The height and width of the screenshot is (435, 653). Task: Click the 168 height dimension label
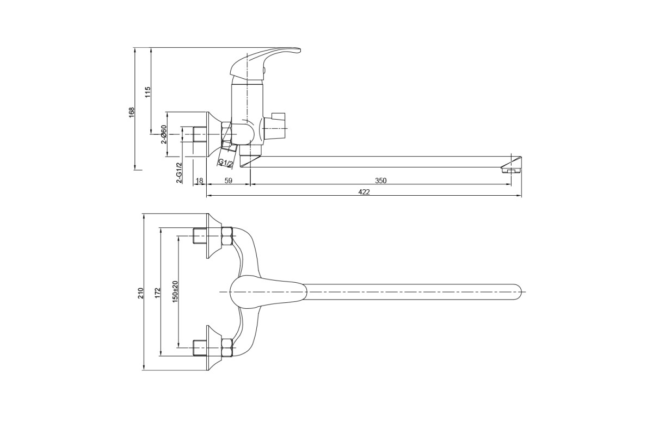[132, 113]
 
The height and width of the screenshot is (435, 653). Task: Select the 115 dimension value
[147, 92]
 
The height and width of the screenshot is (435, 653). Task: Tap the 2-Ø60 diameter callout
[164, 135]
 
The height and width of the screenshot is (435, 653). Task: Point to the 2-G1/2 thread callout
[179, 173]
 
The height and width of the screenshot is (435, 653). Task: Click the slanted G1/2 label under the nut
[226, 163]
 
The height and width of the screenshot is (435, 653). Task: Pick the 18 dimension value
[199, 181]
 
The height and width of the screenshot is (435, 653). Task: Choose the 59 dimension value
[229, 181]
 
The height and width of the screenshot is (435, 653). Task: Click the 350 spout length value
[381, 181]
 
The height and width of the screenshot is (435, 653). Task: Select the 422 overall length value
[364, 192]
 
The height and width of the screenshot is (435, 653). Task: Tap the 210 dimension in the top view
[141, 293]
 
